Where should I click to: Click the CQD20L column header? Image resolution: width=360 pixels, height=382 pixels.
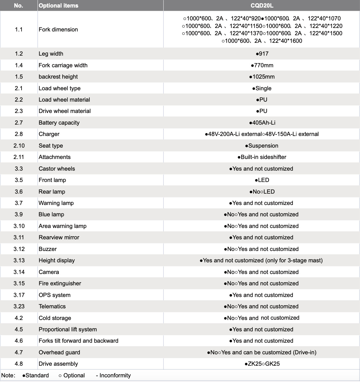tap(262, 6)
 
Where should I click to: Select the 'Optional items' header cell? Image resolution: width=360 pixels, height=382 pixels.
tap(58, 6)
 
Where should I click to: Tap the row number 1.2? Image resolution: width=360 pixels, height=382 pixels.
tap(19, 54)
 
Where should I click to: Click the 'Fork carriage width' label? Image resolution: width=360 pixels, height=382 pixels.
tap(63, 65)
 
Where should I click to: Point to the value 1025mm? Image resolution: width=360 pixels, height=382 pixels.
tap(262, 77)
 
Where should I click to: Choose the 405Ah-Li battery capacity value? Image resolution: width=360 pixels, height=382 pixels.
tap(262, 123)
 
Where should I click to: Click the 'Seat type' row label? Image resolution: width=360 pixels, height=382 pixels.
tap(51, 146)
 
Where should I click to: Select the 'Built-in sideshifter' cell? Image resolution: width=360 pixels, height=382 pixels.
tap(262, 157)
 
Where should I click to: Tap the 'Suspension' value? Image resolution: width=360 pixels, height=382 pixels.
tap(262, 146)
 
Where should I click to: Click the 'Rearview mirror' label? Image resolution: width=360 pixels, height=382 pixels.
tap(59, 237)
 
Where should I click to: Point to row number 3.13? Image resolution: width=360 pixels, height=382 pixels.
tap(19, 260)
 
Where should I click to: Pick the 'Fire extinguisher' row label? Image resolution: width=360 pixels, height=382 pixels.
tap(60, 283)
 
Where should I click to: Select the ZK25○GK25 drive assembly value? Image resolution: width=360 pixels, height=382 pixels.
tap(262, 364)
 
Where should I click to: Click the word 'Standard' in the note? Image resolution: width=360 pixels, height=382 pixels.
tap(37, 375)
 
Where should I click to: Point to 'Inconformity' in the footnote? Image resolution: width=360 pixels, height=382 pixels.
tap(115, 375)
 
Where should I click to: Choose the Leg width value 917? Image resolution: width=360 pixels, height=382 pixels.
tap(262, 54)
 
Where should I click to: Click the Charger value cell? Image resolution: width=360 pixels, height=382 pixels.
tap(262, 134)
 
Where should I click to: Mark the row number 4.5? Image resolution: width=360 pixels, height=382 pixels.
tap(19, 329)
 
